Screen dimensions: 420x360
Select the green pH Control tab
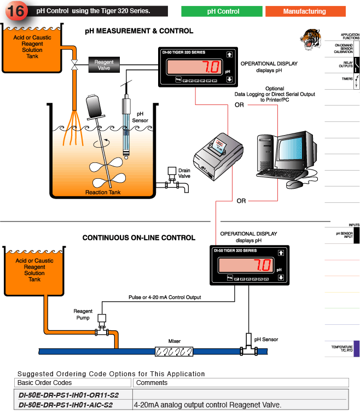tap(223, 11)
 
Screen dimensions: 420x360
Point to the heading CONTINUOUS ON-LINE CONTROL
tap(138, 238)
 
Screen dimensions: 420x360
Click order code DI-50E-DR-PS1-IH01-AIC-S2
tap(66, 405)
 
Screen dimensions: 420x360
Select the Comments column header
tap(152, 382)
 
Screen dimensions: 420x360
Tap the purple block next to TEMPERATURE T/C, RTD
tap(356, 348)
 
